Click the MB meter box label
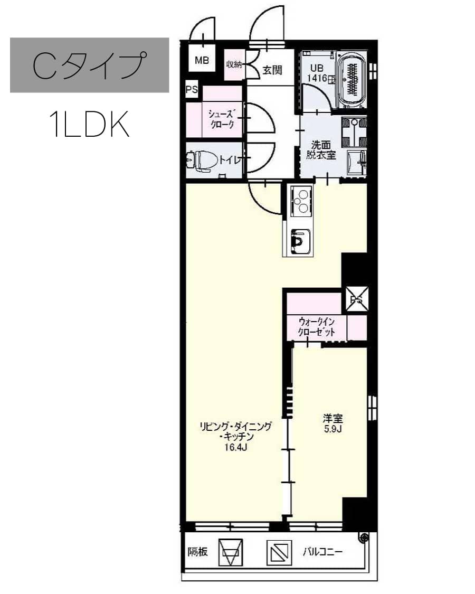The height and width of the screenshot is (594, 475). click(x=202, y=60)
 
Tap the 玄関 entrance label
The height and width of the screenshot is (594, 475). click(x=272, y=70)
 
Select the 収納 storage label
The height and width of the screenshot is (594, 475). click(x=234, y=64)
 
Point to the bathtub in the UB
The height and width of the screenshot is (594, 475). click(x=352, y=79)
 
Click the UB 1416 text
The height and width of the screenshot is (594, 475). click(x=317, y=73)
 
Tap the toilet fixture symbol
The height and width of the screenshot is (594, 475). click(x=201, y=161)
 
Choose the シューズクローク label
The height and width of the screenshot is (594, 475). click(x=222, y=119)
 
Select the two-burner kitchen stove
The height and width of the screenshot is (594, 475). click(x=301, y=201)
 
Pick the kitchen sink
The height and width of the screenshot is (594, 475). click(x=301, y=241)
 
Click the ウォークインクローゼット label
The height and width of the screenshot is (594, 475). click(x=316, y=327)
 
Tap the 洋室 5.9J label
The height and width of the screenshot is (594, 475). click(x=332, y=423)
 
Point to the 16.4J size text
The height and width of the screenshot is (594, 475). click(x=235, y=447)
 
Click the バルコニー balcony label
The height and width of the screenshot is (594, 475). click(x=322, y=551)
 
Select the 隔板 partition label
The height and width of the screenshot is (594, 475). click(x=198, y=552)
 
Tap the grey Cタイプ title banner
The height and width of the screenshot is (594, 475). click(x=89, y=65)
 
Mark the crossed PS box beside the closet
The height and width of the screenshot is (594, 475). click(x=356, y=299)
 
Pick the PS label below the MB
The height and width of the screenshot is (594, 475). click(x=192, y=90)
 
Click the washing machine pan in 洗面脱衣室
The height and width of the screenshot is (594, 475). click(x=354, y=132)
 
